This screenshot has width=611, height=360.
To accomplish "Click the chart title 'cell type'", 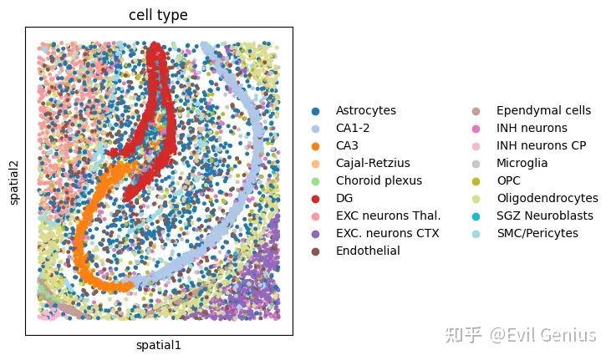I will [158, 15].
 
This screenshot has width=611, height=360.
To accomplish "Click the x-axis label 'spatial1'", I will [158, 345].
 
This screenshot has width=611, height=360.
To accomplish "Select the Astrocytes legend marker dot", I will [315, 110].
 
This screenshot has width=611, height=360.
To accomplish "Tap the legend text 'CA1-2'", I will [354, 128].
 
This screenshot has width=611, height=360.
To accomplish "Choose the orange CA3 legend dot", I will [315, 145].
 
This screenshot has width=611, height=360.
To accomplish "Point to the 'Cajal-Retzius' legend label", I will [373, 163].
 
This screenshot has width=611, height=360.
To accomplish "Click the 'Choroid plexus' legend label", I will [379, 180].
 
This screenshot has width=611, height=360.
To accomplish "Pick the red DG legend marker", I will [315, 198].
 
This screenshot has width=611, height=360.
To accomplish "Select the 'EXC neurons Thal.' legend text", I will [387, 215].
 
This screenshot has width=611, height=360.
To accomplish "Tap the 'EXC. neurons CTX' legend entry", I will [387, 233].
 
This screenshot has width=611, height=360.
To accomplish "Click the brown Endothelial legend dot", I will [315, 251].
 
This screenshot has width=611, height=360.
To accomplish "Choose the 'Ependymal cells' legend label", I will [543, 110].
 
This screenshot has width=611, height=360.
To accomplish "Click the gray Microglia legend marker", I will [476, 163].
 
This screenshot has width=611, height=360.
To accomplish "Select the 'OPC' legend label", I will [510, 180].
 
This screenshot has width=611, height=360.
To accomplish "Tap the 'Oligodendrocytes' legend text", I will [547, 198].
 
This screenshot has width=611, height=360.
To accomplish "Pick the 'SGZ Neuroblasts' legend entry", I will [545, 215].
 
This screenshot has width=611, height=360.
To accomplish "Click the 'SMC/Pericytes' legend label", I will [537, 233].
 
